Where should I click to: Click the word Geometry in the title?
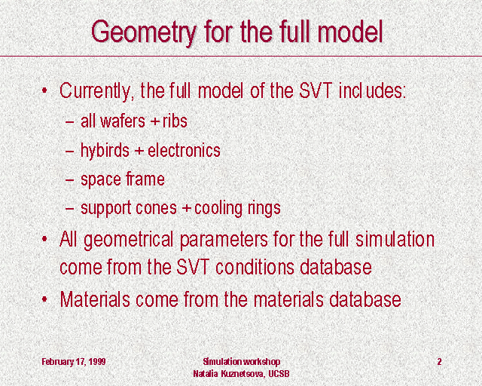pyautogui.click(x=144, y=32)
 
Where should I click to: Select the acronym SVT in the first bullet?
pyautogui.click(x=316, y=90)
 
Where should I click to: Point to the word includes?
pyautogui.click(x=372, y=90)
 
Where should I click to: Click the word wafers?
pyautogui.click(x=123, y=121)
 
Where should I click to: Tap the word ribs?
pyautogui.click(x=175, y=121)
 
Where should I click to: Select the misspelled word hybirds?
pyautogui.click(x=105, y=151)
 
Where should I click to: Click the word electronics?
pyautogui.click(x=184, y=150)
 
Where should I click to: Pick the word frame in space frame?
pyautogui.click(x=145, y=179)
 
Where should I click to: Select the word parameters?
pyautogui.click(x=224, y=240)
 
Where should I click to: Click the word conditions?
pyautogui.click(x=255, y=267)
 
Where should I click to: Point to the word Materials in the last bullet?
pyautogui.click(x=95, y=299)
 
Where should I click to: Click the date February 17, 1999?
pyautogui.click(x=74, y=361)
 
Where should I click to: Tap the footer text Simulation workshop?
pyautogui.click(x=241, y=361)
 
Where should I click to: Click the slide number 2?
pyautogui.click(x=439, y=361)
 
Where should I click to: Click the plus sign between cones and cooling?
pyautogui.click(x=186, y=209)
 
